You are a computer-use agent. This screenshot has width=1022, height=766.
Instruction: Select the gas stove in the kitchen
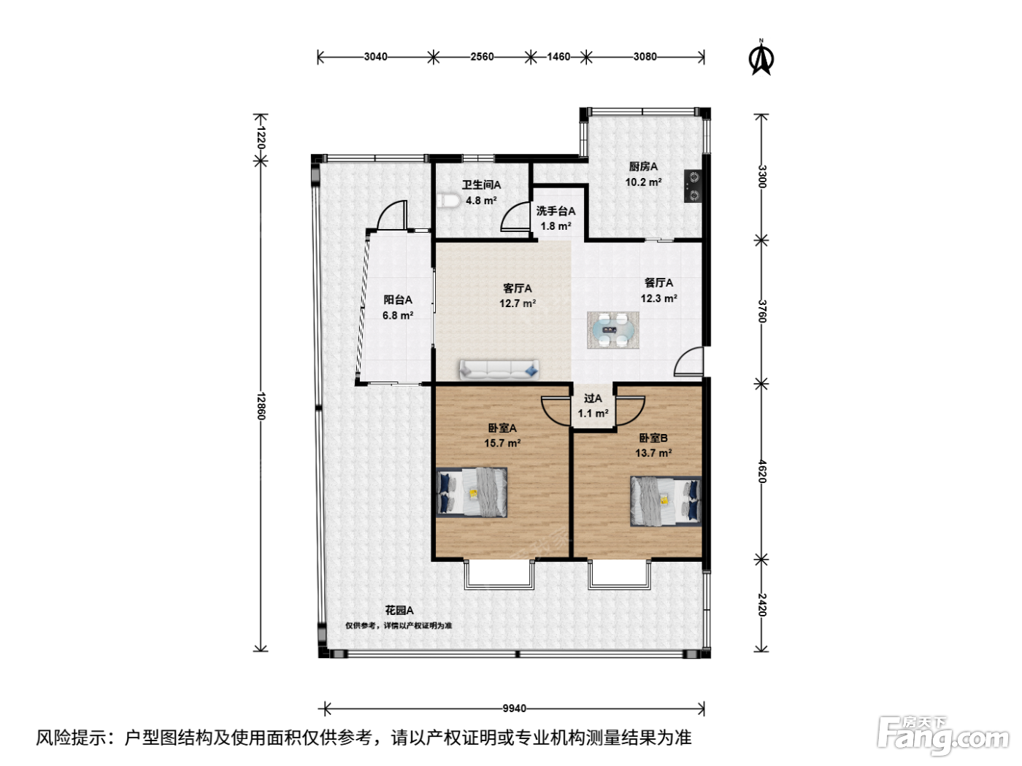(693, 186)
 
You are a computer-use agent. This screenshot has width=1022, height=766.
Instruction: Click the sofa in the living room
(499, 370)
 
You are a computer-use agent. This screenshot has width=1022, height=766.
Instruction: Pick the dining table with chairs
(612, 330)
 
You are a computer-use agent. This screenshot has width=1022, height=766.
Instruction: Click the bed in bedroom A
(472, 492)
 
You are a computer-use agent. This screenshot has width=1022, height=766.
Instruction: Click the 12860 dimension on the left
(261, 406)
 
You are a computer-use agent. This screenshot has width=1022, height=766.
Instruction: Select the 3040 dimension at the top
(375, 57)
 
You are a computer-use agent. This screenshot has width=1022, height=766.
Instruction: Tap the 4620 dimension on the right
(761, 471)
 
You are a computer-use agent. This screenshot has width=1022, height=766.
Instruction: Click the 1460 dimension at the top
(558, 57)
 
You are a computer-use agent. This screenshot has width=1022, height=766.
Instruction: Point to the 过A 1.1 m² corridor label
(593, 406)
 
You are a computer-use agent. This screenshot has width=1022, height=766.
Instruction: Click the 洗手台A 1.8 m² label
(556, 218)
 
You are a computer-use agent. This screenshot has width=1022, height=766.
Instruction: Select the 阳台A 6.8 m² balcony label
(398, 307)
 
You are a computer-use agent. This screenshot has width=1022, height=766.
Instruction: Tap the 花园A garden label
(399, 610)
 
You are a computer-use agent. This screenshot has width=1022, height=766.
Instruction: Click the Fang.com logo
(943, 737)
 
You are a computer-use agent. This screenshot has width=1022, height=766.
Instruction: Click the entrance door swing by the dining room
(688, 361)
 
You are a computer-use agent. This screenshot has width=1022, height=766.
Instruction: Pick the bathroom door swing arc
(515, 217)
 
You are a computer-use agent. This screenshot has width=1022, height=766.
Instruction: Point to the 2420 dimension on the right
(761, 605)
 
